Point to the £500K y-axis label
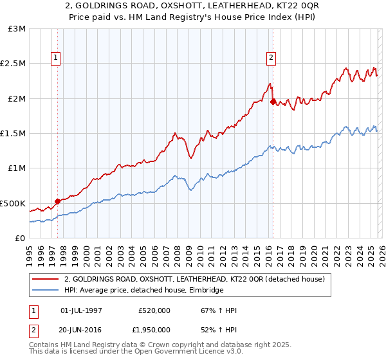[14, 203]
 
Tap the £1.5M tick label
[14, 134]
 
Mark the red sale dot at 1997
[57, 201]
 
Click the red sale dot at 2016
[273, 102]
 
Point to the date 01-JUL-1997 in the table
[81, 310]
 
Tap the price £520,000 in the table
[154, 310]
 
